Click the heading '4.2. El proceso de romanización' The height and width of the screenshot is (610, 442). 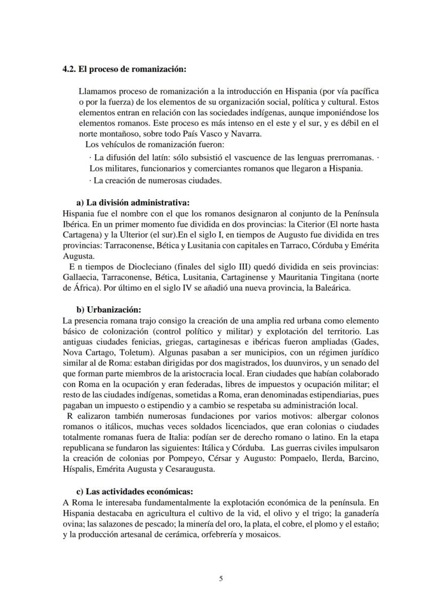tap(124, 68)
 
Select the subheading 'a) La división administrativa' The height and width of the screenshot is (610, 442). tap(133, 203)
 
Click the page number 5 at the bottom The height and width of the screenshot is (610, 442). tap(221, 579)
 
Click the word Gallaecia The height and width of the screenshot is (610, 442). tap(79, 278)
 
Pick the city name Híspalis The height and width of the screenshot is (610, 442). tap(79, 470)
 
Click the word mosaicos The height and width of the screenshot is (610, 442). tap(262, 534)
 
